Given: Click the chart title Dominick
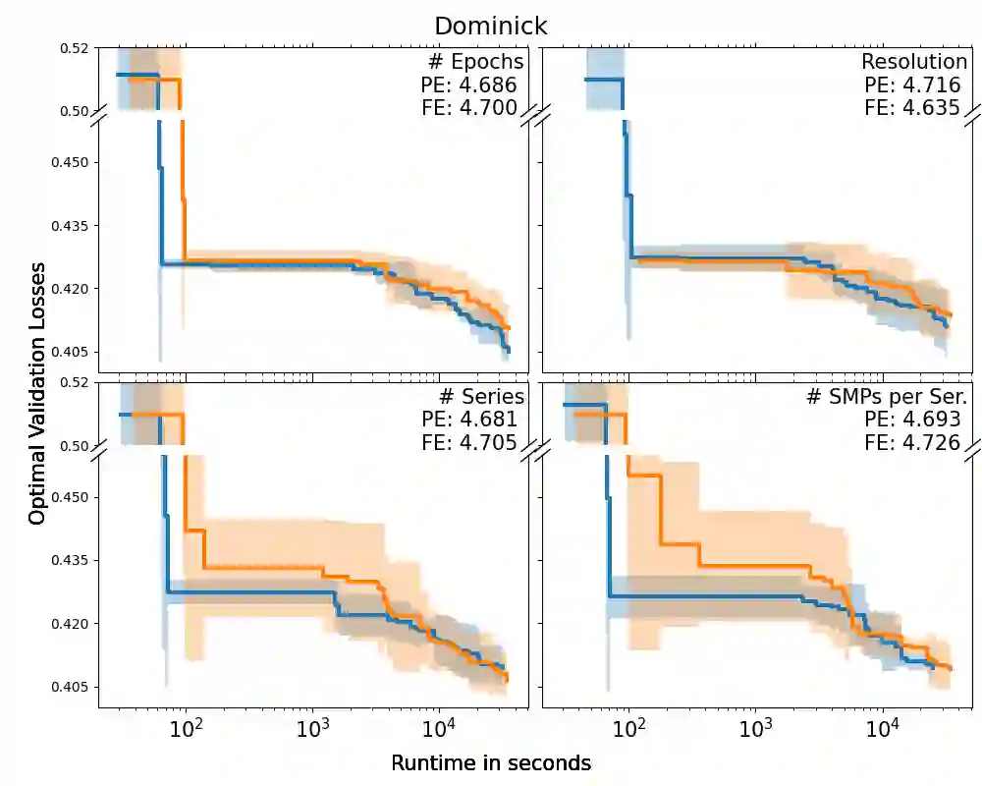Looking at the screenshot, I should pos(491,26).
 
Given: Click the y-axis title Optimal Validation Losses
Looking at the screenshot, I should pos(37,393).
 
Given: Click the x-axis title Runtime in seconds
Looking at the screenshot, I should pos(491,763).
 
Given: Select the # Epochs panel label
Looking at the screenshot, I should pos(475,62).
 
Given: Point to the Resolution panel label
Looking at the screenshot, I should pos(914,62).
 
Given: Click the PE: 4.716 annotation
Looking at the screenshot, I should pos(912,85).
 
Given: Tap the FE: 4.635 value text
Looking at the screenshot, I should pos(912,108).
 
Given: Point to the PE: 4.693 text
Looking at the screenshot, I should pos(912,420).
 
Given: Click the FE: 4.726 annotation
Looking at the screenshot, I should pos(912,442).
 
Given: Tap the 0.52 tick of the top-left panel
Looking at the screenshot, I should pos(74,47).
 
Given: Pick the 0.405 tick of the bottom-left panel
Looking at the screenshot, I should pos(69,687).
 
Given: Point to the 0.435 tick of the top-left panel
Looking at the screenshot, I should pos(69,226).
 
